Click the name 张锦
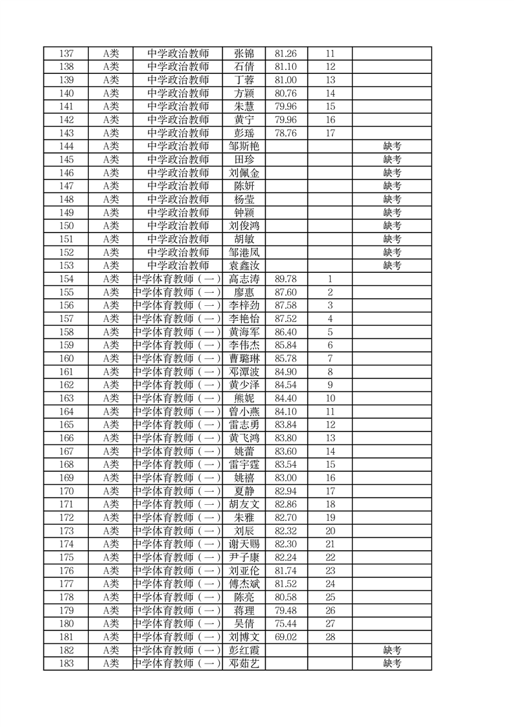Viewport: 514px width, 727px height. (244, 53)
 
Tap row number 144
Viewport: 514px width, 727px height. (66, 146)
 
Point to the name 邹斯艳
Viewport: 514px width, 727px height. (244, 146)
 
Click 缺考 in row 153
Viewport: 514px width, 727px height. (392, 266)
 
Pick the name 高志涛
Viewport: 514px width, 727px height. (244, 279)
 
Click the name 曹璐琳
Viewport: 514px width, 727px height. (244, 358)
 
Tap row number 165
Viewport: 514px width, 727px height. (66, 424)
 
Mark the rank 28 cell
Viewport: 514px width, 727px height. (330, 637)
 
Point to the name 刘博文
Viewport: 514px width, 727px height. (244, 637)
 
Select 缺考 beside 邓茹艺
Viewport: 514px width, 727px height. (392, 664)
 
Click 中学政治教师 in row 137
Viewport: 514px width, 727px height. (178, 53)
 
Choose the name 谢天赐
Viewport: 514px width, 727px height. (244, 544)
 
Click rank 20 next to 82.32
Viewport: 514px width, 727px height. (330, 531)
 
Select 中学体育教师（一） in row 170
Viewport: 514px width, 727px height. (178, 491)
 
